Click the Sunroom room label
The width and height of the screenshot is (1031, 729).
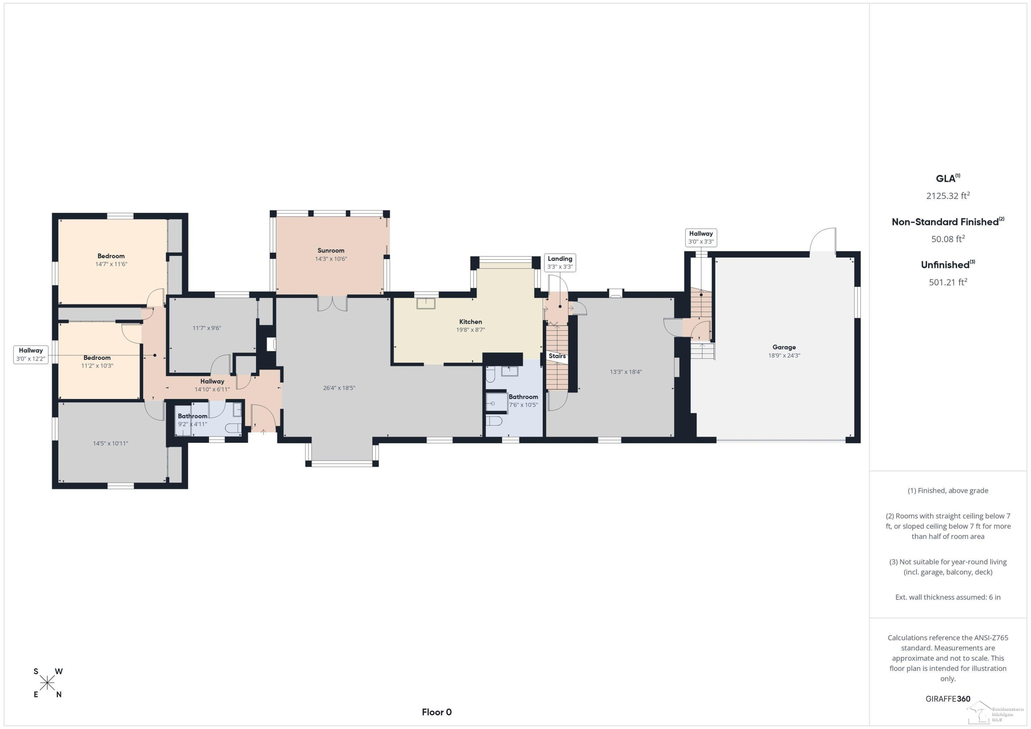(x=331, y=250)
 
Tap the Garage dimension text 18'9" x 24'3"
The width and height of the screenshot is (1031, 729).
(x=784, y=356)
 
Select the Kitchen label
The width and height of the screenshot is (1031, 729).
(x=470, y=322)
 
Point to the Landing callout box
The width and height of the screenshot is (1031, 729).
(x=560, y=262)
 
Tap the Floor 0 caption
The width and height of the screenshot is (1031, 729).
(x=436, y=712)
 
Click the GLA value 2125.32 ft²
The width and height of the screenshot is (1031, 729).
(x=948, y=196)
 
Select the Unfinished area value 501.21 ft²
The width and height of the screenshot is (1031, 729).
(x=948, y=282)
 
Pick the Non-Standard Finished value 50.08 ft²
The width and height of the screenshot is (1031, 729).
(x=948, y=239)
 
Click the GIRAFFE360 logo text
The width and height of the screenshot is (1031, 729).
(x=948, y=699)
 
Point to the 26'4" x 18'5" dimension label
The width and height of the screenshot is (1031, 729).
(x=339, y=388)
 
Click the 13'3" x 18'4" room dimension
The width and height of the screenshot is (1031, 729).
(x=625, y=372)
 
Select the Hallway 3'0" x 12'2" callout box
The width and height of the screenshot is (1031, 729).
(x=31, y=355)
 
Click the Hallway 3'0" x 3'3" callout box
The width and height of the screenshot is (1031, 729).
(x=701, y=237)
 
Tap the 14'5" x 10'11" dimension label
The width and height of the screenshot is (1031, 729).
(x=110, y=444)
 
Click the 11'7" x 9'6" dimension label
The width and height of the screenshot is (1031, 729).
(x=207, y=328)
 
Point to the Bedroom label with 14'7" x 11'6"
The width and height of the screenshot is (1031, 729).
(x=111, y=256)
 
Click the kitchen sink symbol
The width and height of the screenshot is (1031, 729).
(x=426, y=303)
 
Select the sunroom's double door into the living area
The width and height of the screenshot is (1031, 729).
(x=332, y=303)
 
